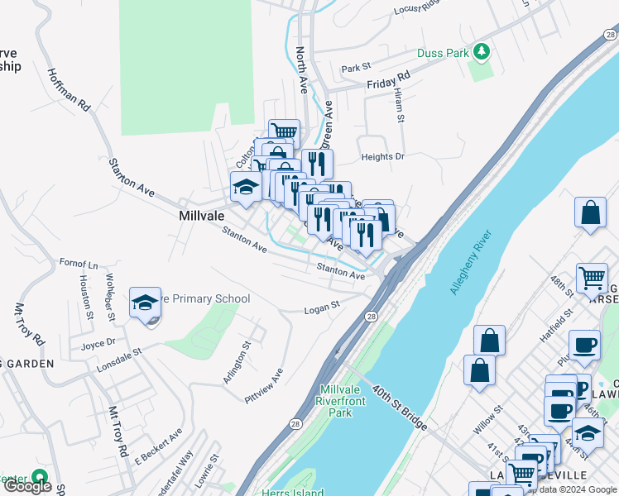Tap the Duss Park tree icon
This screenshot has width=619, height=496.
point(481,53)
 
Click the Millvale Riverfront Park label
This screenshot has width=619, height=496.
point(348,400)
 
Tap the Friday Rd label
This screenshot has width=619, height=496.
point(389,79)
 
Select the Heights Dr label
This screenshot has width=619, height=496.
point(382,156)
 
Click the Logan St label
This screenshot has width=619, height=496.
point(322,306)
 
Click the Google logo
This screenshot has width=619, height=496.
point(28,486)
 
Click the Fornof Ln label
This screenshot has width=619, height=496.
point(79,264)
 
